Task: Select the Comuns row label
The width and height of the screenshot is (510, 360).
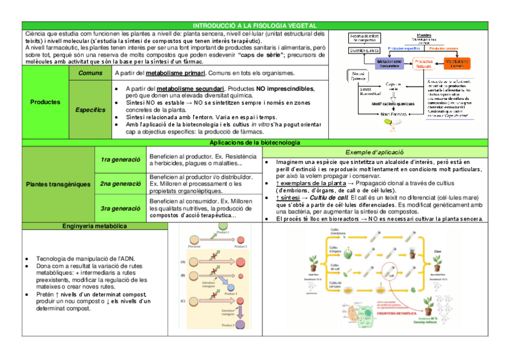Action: click(90, 73)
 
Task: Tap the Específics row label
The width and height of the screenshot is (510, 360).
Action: click(90, 110)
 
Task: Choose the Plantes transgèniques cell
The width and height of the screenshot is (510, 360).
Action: click(58, 184)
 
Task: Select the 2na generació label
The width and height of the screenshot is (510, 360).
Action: click(120, 184)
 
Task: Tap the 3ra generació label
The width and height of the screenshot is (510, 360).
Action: click(120, 209)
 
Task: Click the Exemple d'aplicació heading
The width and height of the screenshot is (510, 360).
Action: click(374, 152)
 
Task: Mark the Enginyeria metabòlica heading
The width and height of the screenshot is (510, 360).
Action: click(94, 226)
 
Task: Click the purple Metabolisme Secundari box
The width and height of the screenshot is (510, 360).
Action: click(389, 63)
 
